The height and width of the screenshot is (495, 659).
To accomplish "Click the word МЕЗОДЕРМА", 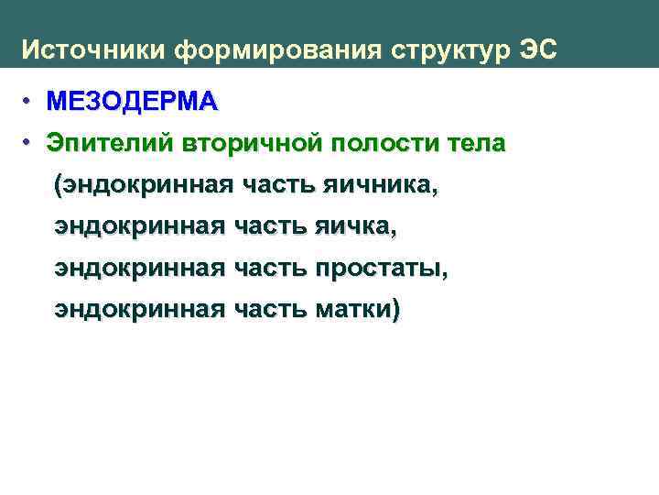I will click(133, 101).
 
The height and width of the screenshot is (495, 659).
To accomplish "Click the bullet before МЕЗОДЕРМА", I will click(29, 100).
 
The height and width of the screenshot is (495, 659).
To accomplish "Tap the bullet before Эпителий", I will click(29, 143).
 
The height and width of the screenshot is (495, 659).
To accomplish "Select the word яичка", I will click(356, 227).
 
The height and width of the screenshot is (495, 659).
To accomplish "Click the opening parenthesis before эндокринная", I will click(59, 186).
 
